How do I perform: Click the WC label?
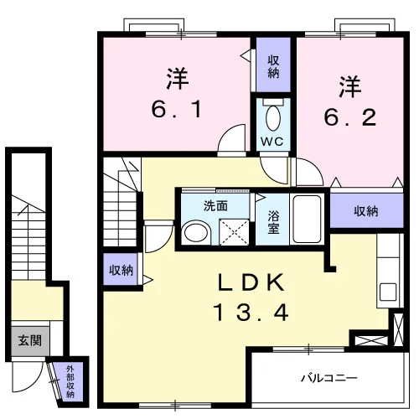pos(272,142)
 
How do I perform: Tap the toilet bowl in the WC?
pos(273,118)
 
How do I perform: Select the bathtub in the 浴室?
pos(307,219)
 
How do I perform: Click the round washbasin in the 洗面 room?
pos(196,232)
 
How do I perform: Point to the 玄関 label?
pos(30,340)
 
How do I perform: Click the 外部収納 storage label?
pos(70,381)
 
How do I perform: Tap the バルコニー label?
pos(329,378)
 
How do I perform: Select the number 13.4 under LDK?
pos(251,313)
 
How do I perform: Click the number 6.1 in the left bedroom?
pos(176,109)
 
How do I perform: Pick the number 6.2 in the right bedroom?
pos(350,117)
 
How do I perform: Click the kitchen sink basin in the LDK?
pos(388,292)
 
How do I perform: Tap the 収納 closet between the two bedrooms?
pos(273,65)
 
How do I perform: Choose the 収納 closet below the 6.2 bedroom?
pos(367,211)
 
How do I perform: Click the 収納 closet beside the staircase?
pos(121,269)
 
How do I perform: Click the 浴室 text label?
pos(273,222)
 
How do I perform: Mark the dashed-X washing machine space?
pos(234,232)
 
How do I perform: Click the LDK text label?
pos(251,282)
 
